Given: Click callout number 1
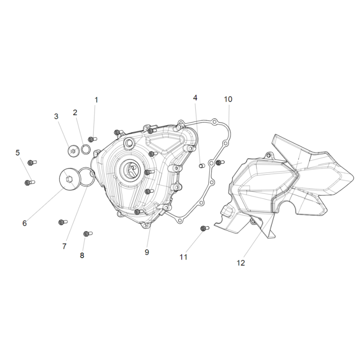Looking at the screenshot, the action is point(96,100).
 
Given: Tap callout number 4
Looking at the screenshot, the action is point(195,98).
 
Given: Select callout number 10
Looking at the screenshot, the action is point(228,99).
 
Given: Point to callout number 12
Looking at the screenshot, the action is point(241,263).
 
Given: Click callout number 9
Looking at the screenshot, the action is point(147,252).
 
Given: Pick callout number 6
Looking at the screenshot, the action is point(25,223).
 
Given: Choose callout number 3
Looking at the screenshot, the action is point(56,117).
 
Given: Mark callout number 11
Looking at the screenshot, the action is point(184,257).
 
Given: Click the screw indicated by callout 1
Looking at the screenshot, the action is point(93,139).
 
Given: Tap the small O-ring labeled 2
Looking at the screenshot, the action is point(86,150).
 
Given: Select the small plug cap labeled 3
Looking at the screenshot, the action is point(73,151).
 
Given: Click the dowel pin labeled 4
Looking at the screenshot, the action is point(201,166).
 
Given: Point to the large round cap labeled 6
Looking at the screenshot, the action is point(69,179).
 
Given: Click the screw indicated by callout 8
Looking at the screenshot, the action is point(88,234).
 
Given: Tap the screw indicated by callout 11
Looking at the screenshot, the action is point(205,228).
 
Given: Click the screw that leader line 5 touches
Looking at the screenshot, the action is point(30,183).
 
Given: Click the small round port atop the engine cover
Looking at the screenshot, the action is point(129,143).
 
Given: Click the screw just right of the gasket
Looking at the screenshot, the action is point(220,162).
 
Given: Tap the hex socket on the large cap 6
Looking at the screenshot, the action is point(69,179).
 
